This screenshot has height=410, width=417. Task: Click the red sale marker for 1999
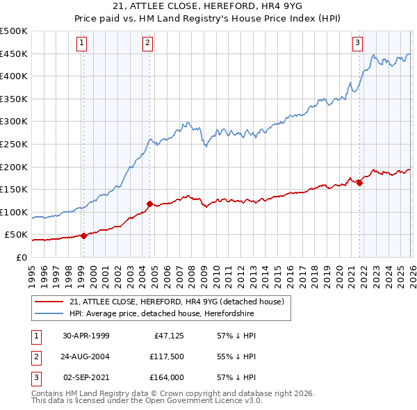coord(83,236)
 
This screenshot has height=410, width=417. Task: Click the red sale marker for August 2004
coord(149,204)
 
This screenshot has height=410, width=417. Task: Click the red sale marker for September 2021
coord(359,183)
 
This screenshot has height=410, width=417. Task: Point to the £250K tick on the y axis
coord(14,144)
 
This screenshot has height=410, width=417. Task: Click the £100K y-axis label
coord(14,212)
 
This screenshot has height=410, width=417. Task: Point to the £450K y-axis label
coord(14,54)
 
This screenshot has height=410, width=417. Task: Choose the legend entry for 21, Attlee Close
coord(177,302)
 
